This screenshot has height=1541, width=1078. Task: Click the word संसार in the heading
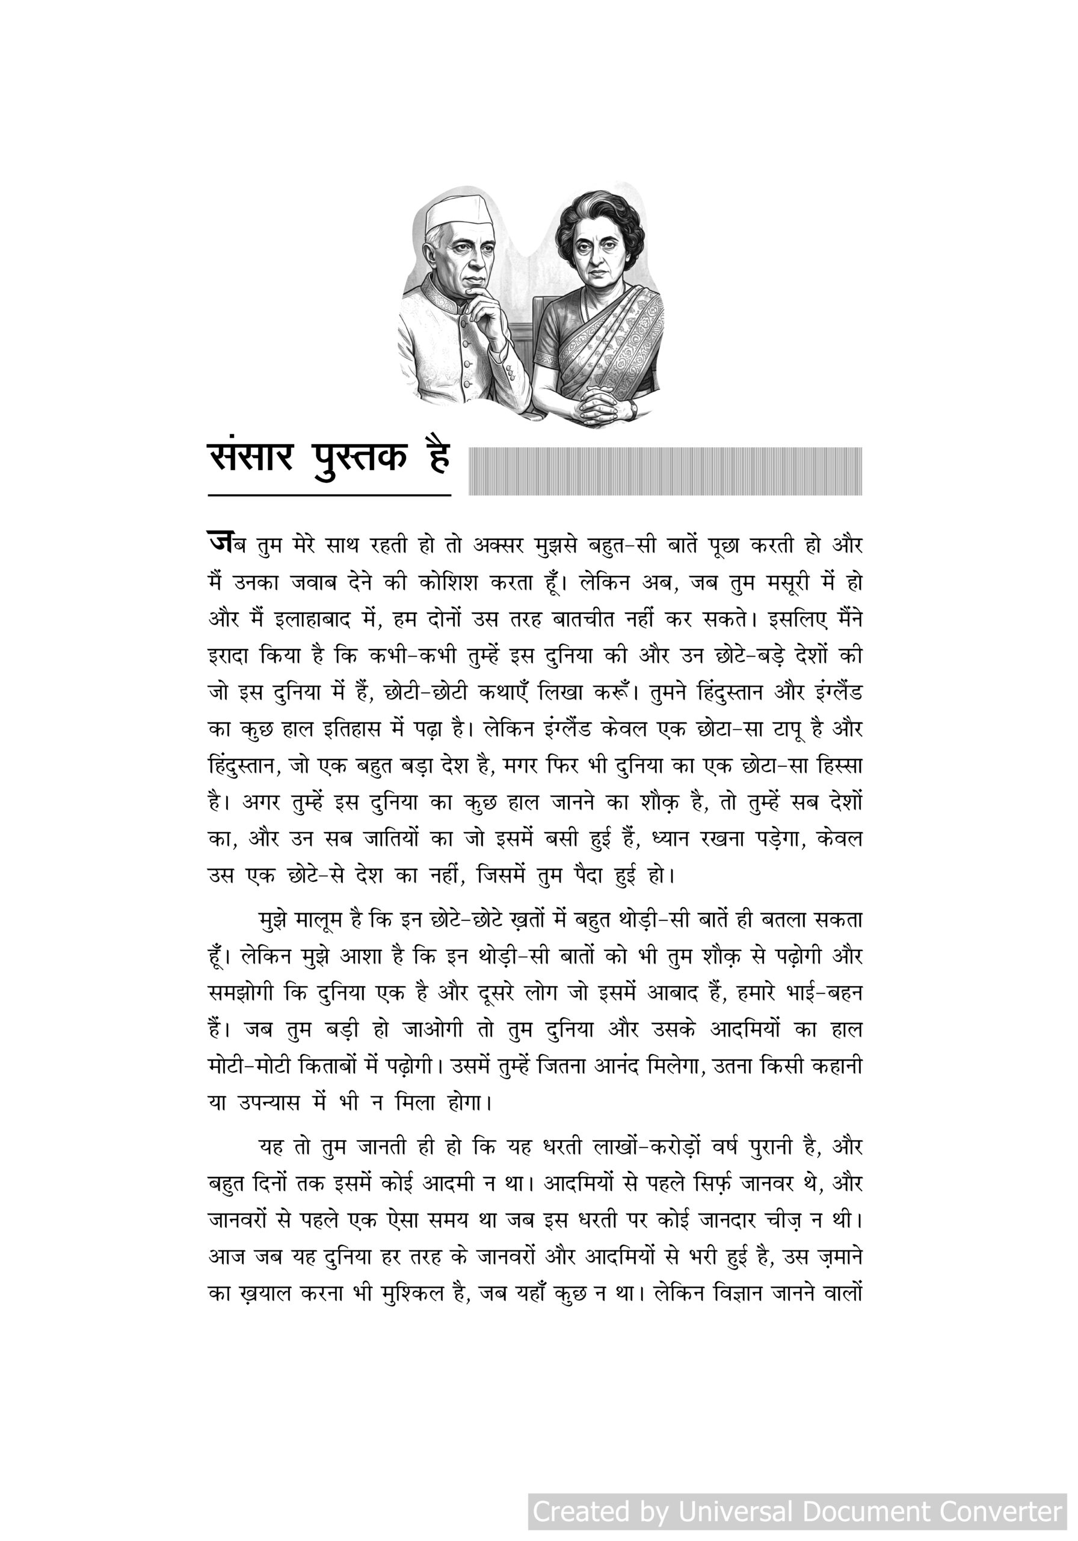click(x=251, y=459)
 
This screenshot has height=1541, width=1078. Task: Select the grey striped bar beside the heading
click(x=664, y=471)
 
